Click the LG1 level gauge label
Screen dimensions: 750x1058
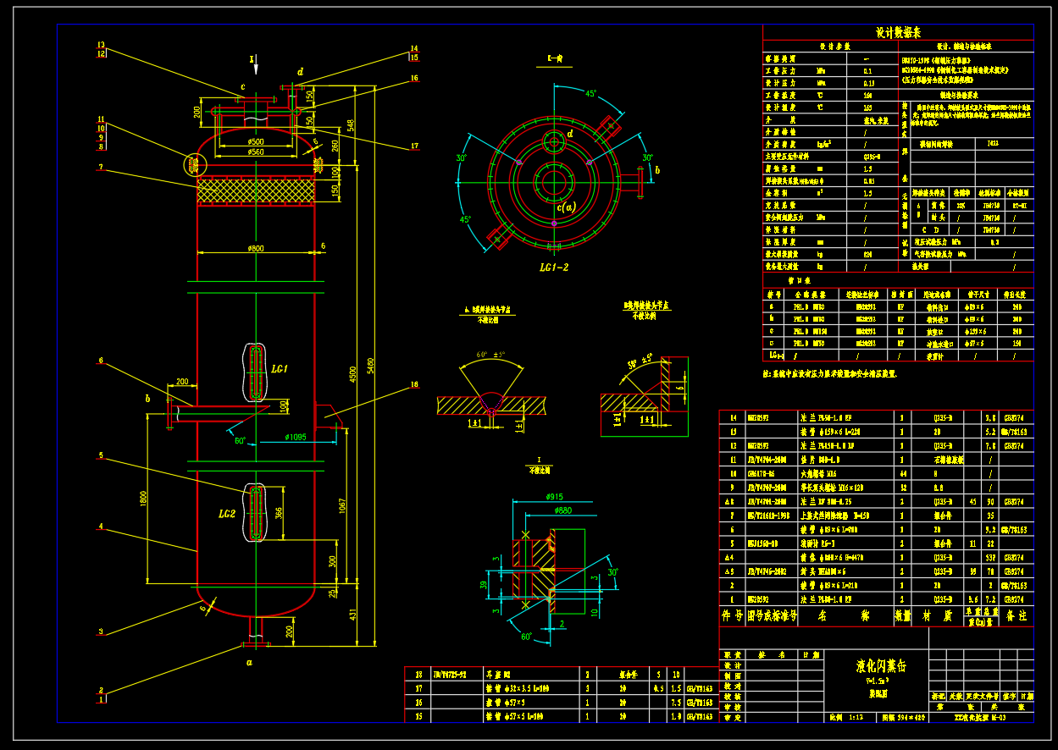point(280,369)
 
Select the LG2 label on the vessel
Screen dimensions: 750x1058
point(226,514)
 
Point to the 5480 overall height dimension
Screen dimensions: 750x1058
point(369,364)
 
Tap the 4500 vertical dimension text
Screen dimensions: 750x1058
point(352,374)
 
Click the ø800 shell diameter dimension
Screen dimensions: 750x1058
point(256,248)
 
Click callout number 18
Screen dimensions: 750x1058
point(414,385)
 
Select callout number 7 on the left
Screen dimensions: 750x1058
point(100,168)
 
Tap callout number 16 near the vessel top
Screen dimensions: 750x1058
point(414,79)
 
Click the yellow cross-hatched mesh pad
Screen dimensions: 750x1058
point(255,191)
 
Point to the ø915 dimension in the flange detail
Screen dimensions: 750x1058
point(554,497)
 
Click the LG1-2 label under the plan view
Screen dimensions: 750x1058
point(554,267)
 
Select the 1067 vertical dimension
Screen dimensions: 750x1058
point(342,505)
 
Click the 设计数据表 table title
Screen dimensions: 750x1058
point(898,32)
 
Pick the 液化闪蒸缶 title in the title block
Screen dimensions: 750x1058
point(881,665)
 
